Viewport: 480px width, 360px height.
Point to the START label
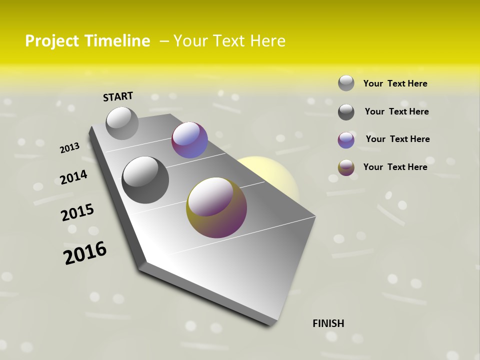(118, 96)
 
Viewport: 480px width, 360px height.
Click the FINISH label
(328, 323)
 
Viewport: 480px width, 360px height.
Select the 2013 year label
(69, 148)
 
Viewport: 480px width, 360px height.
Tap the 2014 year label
(73, 177)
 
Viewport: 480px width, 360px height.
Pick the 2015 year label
(77, 213)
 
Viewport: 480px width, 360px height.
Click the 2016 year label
(85, 253)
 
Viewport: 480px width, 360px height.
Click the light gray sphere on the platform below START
(122, 123)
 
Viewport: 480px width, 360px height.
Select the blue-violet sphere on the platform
(189, 140)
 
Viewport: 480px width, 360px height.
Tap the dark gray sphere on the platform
(145, 180)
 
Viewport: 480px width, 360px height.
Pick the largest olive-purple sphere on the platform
(216, 207)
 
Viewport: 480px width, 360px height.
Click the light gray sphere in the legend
(346, 83)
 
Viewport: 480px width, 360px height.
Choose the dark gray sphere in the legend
(346, 112)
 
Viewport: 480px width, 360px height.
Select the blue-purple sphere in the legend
(346, 140)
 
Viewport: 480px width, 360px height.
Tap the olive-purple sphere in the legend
(346, 167)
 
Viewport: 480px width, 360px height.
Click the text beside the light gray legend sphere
(395, 83)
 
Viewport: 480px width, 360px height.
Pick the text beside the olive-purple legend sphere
(395, 167)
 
